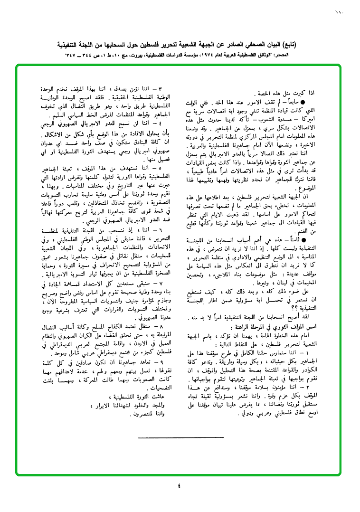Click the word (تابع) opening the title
(x=336, y=46)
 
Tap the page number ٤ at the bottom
(x=179, y=485)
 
